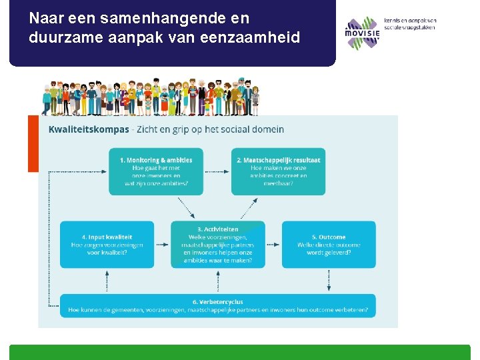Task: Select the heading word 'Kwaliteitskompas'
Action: click(89, 129)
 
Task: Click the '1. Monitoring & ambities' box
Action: click(156, 171)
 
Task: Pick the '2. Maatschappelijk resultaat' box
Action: click(278, 171)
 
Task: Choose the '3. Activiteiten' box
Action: click(217, 245)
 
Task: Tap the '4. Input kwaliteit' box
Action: click(107, 245)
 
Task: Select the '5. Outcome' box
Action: click(329, 245)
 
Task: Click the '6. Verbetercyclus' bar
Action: click(217, 306)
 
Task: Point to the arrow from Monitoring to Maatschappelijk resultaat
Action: click(217, 171)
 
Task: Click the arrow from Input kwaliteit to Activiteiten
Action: click(162, 245)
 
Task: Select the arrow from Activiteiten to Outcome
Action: click(273, 245)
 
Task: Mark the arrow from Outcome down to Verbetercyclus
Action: click(329, 281)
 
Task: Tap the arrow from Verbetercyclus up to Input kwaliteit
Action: click(107, 281)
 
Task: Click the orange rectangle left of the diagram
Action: click(33, 143)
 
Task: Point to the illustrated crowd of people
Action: click(151, 98)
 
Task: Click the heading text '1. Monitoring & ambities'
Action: click(156, 160)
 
